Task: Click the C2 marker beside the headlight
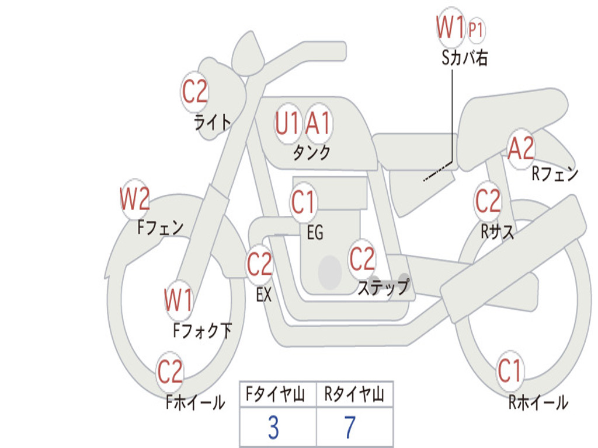coord(194,92)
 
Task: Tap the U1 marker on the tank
coord(287,124)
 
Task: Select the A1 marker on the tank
coord(318,124)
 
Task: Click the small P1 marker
coord(476,29)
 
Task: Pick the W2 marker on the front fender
coord(135,199)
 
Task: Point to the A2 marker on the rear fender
coord(521,149)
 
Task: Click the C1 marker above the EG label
coord(303,202)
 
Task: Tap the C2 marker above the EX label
coord(259,264)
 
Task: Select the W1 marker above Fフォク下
coord(179,300)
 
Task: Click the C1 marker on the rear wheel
coord(509,370)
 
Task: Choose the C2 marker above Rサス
coord(488,201)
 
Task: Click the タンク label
coord(312,153)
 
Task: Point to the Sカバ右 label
coord(464,58)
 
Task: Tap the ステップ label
coord(384,286)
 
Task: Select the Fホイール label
coord(195,402)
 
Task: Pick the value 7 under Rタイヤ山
coord(350,428)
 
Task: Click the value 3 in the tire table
coord(273,428)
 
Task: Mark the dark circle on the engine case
coord(330,272)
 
